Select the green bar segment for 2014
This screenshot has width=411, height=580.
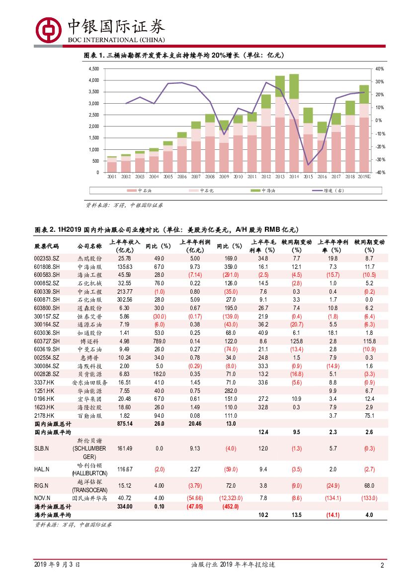tap(294, 86)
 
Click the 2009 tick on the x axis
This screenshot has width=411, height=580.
tap(224, 176)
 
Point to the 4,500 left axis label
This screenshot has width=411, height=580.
tap(93, 68)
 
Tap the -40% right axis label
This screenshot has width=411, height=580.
tap(379, 173)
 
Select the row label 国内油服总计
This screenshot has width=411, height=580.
tap(53, 424)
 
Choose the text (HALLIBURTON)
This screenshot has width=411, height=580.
tap(89, 473)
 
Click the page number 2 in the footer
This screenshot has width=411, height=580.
tap(382, 565)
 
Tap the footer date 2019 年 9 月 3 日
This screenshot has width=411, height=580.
tap(57, 565)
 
